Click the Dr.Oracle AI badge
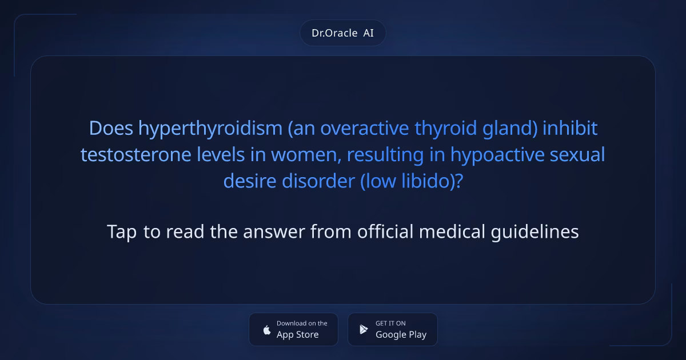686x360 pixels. click(x=342, y=33)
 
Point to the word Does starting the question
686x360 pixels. click(x=111, y=129)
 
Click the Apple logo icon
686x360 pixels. click(x=266, y=330)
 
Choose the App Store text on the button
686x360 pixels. click(x=297, y=335)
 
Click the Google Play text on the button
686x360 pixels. click(x=401, y=335)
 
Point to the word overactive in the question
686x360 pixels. click(x=365, y=129)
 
